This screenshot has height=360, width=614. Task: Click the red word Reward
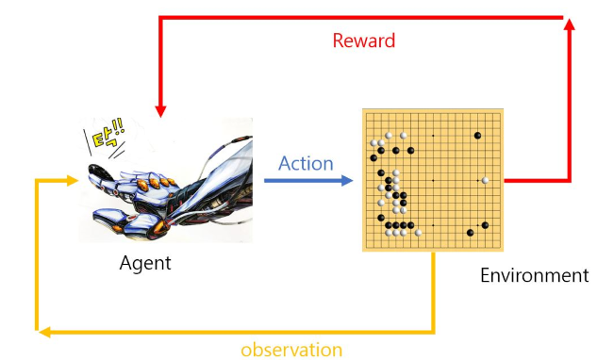tap(364, 41)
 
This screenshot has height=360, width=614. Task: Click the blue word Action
tap(306, 163)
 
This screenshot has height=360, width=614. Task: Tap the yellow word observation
tap(291, 350)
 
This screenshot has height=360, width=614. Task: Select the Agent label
tap(145, 263)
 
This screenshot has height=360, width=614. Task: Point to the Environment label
tap(535, 275)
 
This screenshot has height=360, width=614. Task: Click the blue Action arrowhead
tap(347, 180)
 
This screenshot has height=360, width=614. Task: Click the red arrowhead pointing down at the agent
tap(160, 111)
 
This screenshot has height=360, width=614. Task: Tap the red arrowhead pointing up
tap(570, 25)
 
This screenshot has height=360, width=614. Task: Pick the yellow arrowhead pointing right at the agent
tap(73, 180)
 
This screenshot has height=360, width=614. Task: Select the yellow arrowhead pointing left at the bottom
tap(44, 333)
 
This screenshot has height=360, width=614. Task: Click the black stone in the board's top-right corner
tap(477, 136)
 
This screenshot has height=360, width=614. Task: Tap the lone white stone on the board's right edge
tap(485, 180)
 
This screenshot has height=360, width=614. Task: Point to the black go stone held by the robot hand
tap(96, 171)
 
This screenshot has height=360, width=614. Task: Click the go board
tap(433, 180)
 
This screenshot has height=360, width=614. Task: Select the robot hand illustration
tap(166, 180)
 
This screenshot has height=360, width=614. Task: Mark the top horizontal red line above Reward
tap(360, 18)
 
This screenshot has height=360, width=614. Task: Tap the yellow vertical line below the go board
tap(433, 291)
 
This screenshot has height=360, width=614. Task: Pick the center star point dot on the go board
tap(433, 180)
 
